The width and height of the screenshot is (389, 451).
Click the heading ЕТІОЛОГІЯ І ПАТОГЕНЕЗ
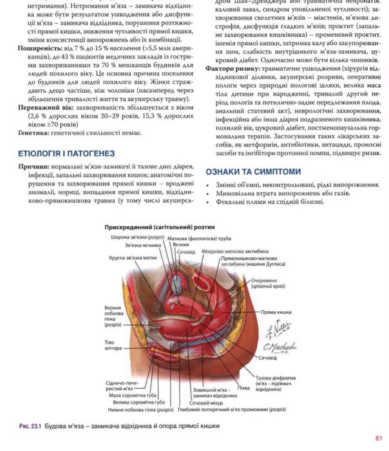click(67, 153)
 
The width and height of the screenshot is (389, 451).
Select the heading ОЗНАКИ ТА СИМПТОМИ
click(253, 171)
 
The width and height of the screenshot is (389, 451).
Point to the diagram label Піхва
click(244, 389)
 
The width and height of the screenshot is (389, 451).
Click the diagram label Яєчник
click(180, 245)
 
